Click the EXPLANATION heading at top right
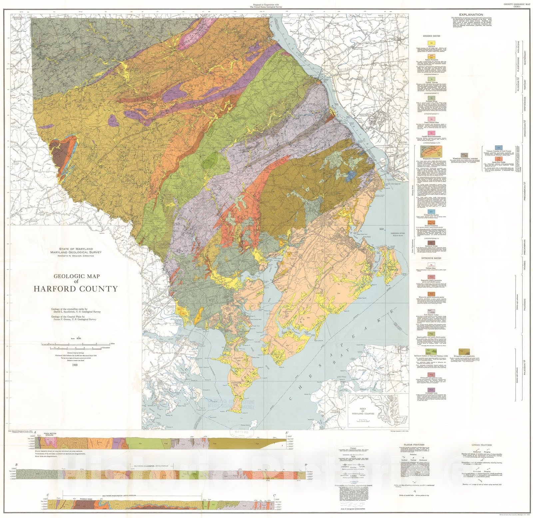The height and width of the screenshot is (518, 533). pyautogui.click(x=471, y=15)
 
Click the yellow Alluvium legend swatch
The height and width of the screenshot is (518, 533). pyautogui.click(x=432, y=43)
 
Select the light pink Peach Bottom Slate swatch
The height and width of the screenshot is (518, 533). pyautogui.click(x=432, y=119)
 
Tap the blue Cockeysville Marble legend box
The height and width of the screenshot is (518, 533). pyautogui.click(x=432, y=212)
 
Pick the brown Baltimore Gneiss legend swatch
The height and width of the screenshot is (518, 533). pyautogui.click(x=432, y=243)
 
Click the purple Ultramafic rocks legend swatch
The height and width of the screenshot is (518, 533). pyautogui.click(x=432, y=390)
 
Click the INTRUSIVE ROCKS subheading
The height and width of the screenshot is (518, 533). pyautogui.click(x=431, y=258)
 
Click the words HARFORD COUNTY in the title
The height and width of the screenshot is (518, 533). pyautogui.click(x=76, y=289)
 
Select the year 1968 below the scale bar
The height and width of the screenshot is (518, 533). pyautogui.click(x=75, y=365)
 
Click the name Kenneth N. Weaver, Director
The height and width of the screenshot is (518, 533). pyautogui.click(x=76, y=256)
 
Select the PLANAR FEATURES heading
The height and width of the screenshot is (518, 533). pyautogui.click(x=414, y=445)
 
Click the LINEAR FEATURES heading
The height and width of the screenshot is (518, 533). pyautogui.click(x=482, y=445)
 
